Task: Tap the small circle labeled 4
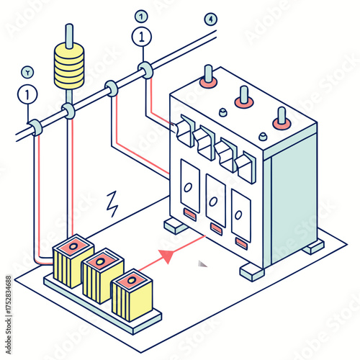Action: click(210, 19)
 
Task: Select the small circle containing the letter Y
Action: click(27, 72)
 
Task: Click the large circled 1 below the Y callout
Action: click(27, 94)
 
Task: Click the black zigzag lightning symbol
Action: click(112, 204)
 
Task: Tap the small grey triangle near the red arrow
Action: click(202, 264)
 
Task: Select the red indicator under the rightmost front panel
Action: click(241, 244)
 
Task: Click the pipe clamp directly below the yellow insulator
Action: click(69, 110)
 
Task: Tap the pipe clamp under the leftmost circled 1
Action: click(35, 128)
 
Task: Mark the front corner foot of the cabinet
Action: click(252, 272)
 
